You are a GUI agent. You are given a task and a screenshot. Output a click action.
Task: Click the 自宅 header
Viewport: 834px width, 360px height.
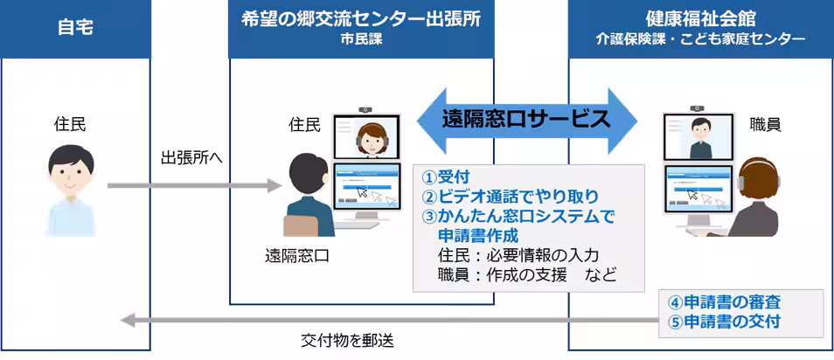[75, 28]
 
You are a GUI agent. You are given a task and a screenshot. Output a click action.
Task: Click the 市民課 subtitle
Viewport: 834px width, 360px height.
[361, 39]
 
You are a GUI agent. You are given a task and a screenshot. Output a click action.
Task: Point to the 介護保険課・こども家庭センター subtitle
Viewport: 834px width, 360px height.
[699, 39]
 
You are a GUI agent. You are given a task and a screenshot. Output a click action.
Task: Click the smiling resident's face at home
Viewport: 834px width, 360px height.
[69, 171]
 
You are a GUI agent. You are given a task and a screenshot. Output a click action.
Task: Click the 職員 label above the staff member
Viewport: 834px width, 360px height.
[765, 125]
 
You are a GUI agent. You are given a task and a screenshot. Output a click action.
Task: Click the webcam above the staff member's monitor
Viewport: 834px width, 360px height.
[696, 110]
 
